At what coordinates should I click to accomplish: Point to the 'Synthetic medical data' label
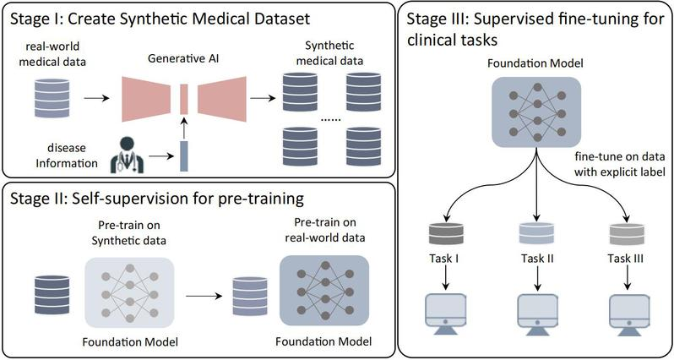pos(334,55)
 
